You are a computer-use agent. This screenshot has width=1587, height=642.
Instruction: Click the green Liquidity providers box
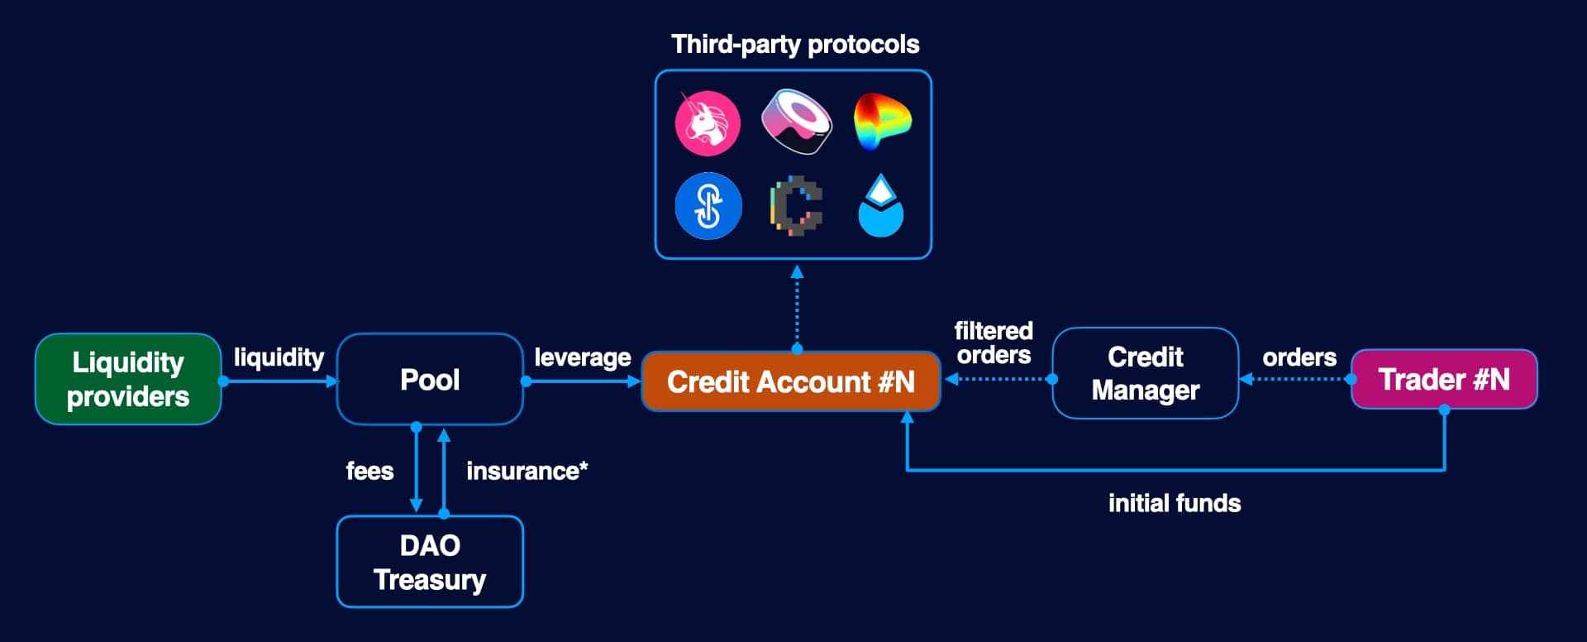[x=128, y=379]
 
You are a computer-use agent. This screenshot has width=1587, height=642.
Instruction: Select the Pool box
[x=430, y=379]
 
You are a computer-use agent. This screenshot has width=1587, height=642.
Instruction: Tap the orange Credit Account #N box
[x=791, y=381]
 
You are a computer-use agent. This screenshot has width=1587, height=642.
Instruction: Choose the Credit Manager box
[x=1145, y=373]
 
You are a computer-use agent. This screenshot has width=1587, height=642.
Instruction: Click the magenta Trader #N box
[x=1444, y=379]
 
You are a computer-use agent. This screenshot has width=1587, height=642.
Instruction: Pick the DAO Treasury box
[x=430, y=562]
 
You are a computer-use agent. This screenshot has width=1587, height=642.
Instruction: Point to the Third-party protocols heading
[x=794, y=44]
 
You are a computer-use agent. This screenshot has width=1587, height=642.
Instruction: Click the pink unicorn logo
[x=708, y=123]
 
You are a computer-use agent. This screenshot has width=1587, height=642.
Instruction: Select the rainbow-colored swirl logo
[x=881, y=122]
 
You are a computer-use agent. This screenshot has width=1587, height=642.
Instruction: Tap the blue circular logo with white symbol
[x=708, y=206]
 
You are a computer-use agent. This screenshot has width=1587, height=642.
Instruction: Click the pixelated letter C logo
[x=796, y=206]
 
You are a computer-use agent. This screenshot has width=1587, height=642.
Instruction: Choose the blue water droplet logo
[x=881, y=206]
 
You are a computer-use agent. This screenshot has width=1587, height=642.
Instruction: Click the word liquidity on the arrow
[x=279, y=357]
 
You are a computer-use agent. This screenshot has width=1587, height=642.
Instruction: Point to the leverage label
[x=582, y=357]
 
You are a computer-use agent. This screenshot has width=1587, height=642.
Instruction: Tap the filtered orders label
[x=994, y=343]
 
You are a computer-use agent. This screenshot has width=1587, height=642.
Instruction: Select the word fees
[x=369, y=471]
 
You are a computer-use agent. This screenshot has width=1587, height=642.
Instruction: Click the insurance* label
[x=527, y=471]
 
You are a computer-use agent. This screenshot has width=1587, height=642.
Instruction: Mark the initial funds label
[x=1174, y=503]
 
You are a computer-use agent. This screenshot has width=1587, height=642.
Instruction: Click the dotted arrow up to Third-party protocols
[x=797, y=306]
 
